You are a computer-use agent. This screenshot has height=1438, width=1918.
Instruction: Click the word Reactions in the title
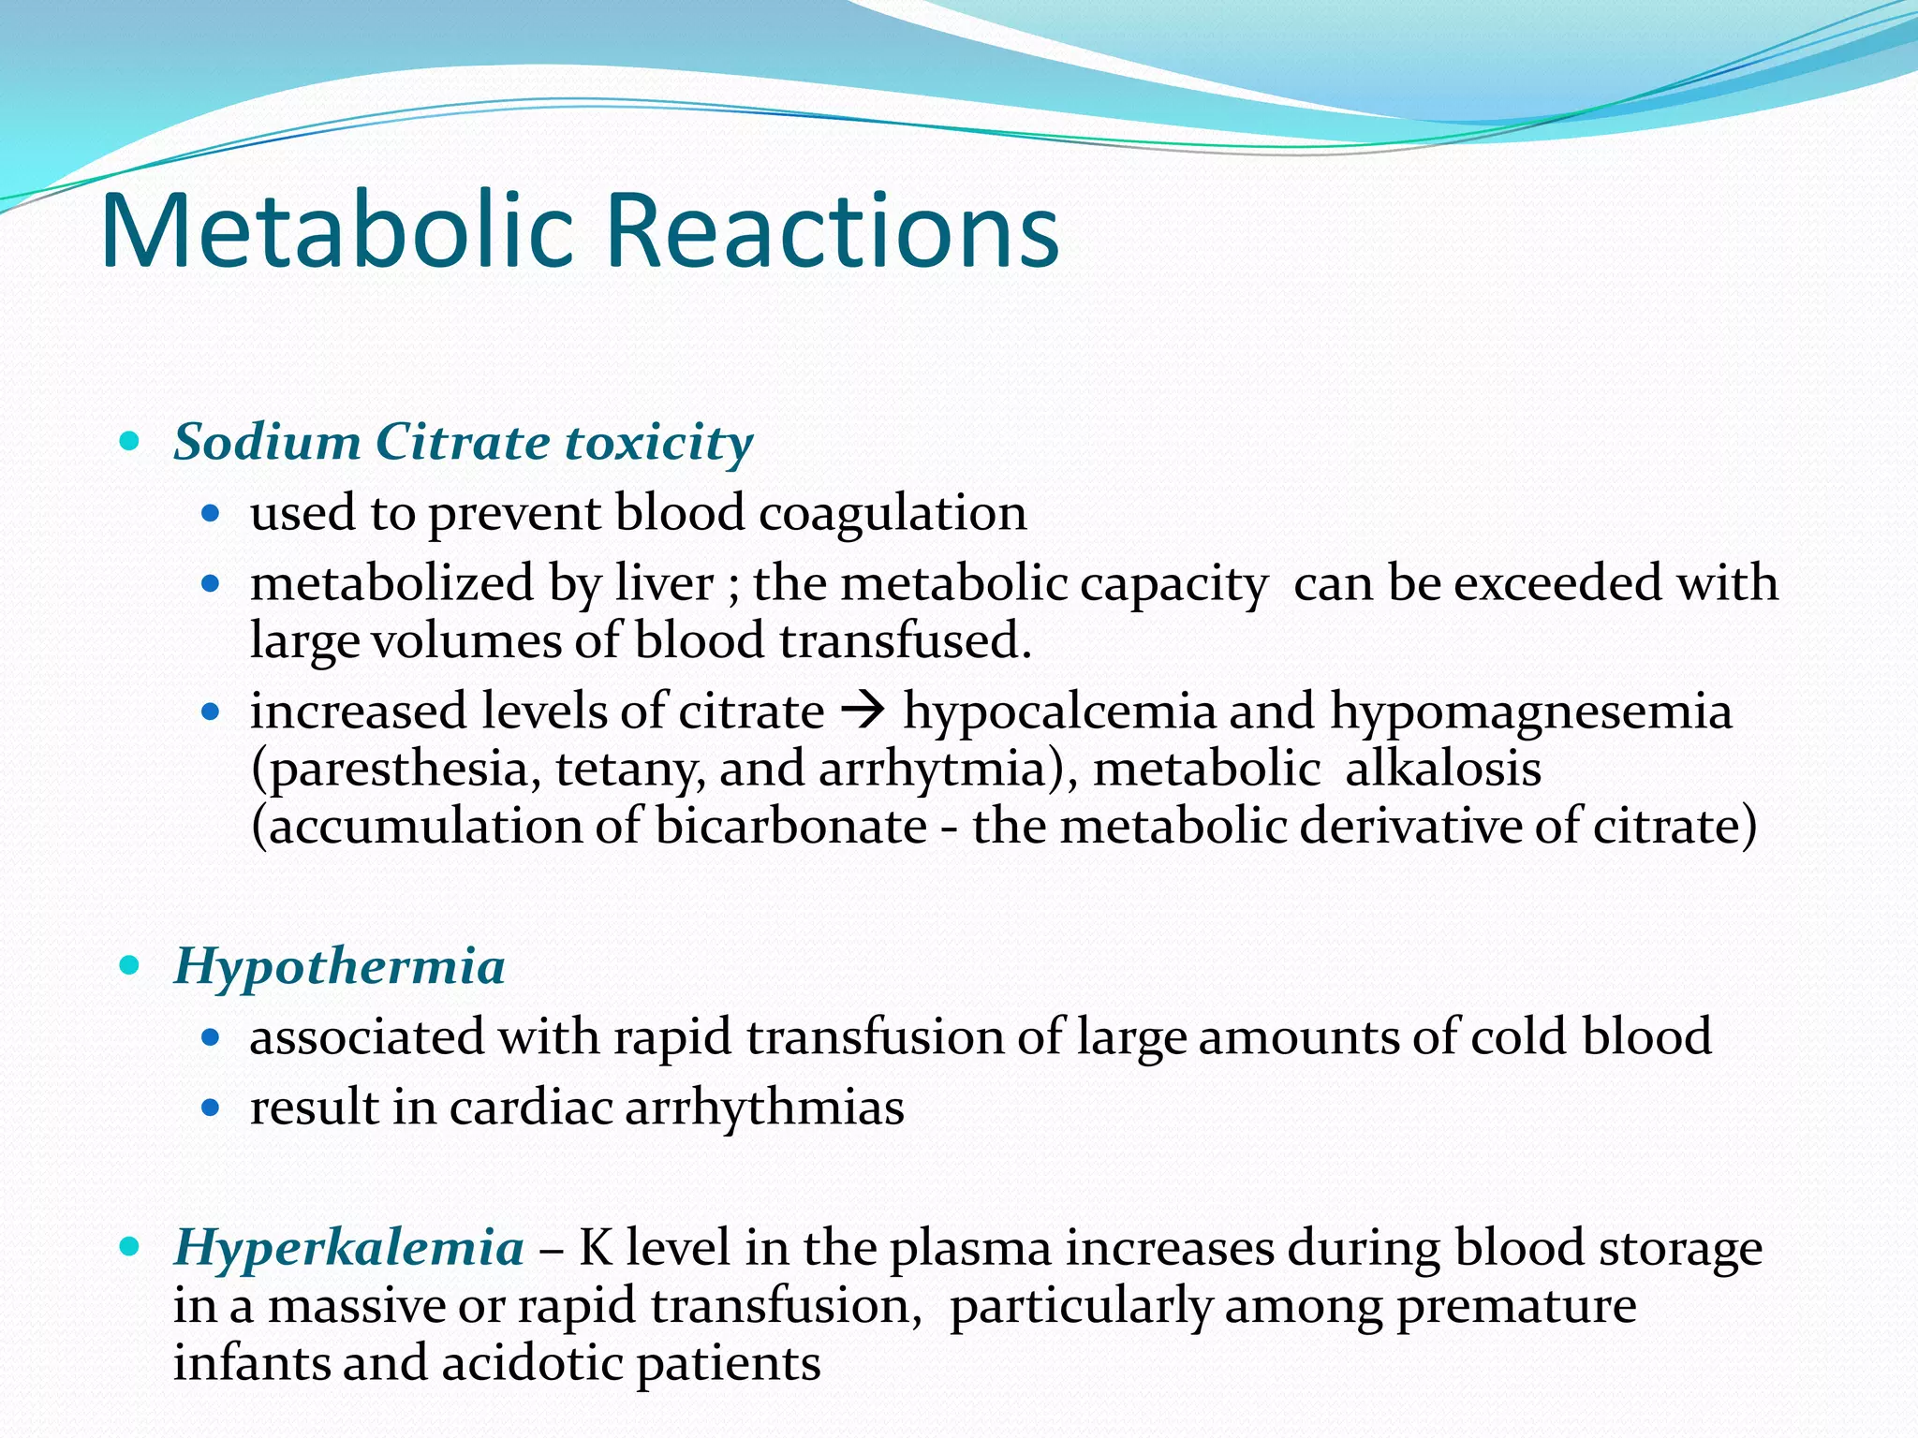(833, 231)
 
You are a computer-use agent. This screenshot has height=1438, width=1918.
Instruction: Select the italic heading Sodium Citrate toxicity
(463, 442)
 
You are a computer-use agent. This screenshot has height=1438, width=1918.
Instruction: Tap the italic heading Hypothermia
(339, 966)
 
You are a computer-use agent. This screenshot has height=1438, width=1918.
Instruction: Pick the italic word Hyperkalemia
(348, 1248)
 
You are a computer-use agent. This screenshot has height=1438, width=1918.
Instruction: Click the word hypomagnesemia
(1530, 712)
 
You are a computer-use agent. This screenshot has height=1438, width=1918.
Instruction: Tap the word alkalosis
(1442, 770)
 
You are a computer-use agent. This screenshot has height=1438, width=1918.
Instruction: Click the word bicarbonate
(790, 827)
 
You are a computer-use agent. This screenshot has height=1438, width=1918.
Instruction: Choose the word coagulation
(892, 514)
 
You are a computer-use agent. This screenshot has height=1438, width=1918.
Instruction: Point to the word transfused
(904, 641)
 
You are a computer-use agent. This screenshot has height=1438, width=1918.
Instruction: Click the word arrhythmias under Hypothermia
(764, 1108)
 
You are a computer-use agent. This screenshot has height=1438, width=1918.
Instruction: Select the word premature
(1516, 1306)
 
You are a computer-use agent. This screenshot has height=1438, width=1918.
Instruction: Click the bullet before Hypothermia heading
(130, 965)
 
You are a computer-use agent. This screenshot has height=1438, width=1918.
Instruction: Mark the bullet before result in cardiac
(211, 1108)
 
